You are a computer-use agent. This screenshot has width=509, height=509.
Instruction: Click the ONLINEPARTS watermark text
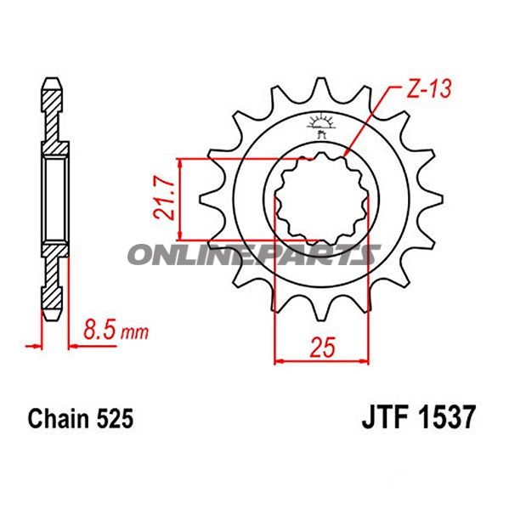[254, 254]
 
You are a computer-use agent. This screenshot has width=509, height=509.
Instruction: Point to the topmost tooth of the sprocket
[320, 88]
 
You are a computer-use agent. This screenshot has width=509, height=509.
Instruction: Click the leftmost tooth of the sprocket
[206, 201]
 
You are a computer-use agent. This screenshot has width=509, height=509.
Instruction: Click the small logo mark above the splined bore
[321, 126]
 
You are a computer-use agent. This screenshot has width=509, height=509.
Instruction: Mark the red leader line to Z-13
[374, 120]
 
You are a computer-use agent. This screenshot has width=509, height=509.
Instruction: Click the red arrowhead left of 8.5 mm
[36, 345]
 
